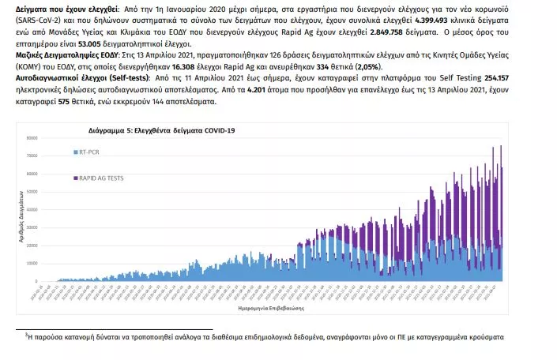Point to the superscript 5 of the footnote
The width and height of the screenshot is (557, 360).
[x=27, y=335]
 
